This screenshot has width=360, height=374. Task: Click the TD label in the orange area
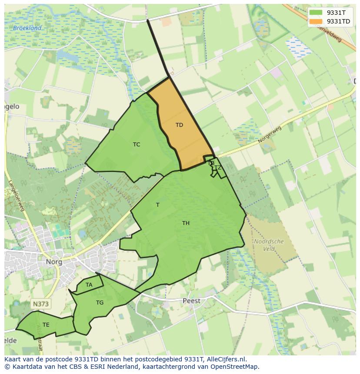pyautogui.click(x=179, y=125)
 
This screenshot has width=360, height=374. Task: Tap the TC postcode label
pyautogui.click(x=137, y=145)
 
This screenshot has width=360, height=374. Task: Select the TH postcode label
pyautogui.click(x=186, y=223)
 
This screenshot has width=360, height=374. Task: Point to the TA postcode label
pyautogui.click(x=89, y=285)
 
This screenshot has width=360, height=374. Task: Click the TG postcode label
pyautogui.click(x=100, y=303)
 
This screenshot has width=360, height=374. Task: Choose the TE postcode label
pyautogui.click(x=46, y=325)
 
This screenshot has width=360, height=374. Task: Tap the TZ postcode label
pyautogui.click(x=218, y=168)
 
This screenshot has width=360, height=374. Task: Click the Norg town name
pyautogui.click(x=54, y=262)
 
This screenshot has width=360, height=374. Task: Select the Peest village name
pyautogui.click(x=191, y=301)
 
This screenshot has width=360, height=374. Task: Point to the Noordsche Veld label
pyautogui.click(x=269, y=245)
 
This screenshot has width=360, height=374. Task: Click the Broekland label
pyautogui.click(x=27, y=28)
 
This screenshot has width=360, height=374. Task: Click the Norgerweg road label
pyautogui.click(x=270, y=135)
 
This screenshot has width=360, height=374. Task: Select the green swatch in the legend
pyautogui.click(x=316, y=13)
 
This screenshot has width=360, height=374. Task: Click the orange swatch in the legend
pyautogui.click(x=316, y=21)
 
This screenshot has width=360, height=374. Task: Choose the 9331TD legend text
pyautogui.click(x=338, y=21)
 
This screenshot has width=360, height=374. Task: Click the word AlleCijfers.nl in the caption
pyautogui.click(x=225, y=359)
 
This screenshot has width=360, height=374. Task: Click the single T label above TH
pyautogui.click(x=158, y=205)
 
